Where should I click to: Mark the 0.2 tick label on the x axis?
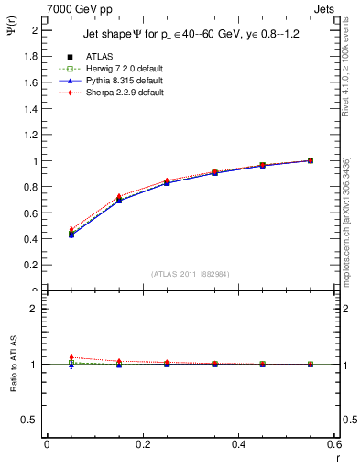tap(142, 444)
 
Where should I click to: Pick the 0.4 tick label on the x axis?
tap(238, 444)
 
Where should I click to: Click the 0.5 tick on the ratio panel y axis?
tap(32, 420)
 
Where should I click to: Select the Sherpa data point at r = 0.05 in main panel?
tap(71, 229)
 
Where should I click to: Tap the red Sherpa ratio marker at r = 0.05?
tap(71, 357)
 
